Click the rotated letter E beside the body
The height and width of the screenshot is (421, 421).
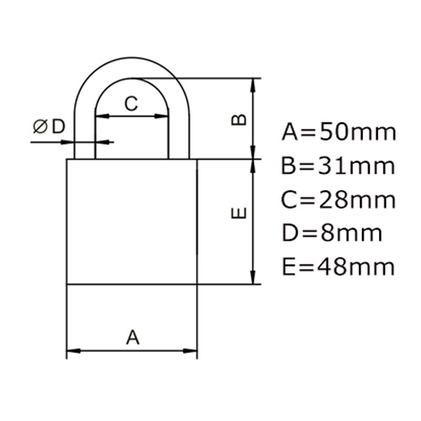point(239,213)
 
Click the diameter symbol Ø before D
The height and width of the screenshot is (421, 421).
point(41,126)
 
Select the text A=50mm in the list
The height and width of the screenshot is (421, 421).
point(338,132)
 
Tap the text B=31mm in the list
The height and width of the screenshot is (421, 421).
point(338,166)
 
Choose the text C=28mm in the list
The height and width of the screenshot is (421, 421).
point(338,200)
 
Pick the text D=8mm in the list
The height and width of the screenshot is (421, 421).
point(332,233)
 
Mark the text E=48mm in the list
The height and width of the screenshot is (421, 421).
point(338,267)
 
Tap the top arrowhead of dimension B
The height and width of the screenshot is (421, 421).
point(254,84)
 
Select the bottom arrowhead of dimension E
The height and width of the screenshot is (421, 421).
point(254,278)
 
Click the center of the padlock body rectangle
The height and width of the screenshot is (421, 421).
point(132,222)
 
